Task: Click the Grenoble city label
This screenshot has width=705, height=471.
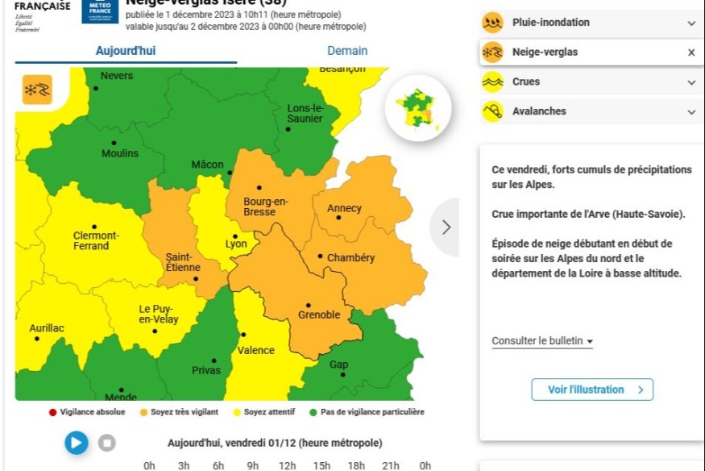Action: click(x=319, y=315)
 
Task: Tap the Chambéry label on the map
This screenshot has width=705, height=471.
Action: click(x=350, y=258)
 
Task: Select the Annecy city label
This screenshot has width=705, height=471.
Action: click(x=344, y=208)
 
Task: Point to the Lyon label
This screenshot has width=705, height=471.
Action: click(x=236, y=244)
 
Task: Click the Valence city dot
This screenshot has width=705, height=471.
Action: click(x=241, y=334)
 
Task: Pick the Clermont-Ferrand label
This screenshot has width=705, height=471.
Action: click(x=96, y=240)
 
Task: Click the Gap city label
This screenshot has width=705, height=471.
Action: click(x=339, y=365)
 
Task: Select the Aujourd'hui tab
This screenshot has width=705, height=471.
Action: click(x=126, y=51)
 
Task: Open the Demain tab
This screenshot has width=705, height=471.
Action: click(x=347, y=51)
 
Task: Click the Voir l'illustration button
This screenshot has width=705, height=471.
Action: click(x=592, y=390)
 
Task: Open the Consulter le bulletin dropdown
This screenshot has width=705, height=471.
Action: click(x=542, y=341)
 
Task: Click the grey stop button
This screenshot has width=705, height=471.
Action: click(x=107, y=442)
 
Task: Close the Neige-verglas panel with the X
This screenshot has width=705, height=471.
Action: click(x=691, y=52)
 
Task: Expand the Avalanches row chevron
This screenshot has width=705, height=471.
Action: click(x=691, y=111)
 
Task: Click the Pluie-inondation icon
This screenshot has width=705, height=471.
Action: click(x=492, y=23)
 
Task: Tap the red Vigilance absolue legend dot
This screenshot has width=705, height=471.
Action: click(x=52, y=412)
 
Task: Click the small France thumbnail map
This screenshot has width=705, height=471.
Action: click(x=417, y=107)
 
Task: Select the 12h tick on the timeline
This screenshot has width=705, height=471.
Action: click(x=287, y=465)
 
